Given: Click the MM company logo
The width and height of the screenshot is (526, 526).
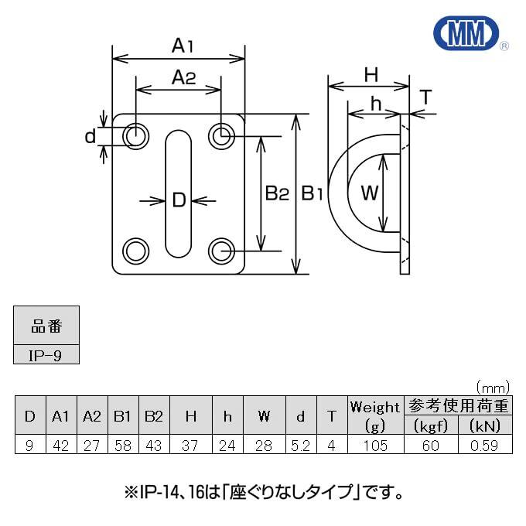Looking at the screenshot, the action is click(466, 33).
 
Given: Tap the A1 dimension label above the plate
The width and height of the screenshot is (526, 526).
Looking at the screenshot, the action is click(183, 46).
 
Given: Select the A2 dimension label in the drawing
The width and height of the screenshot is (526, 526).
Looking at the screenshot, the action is click(183, 77).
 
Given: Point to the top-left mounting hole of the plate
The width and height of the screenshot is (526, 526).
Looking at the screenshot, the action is click(136, 137).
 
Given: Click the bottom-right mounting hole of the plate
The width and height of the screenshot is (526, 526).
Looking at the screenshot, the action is click(221, 251).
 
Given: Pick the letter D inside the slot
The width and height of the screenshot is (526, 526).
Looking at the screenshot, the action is click(179, 200).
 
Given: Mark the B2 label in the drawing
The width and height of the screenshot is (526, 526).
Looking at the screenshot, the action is click(277, 193).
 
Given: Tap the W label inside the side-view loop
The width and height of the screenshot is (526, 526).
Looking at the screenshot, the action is click(369, 193).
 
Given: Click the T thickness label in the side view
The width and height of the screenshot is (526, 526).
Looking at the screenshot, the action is click(425, 97).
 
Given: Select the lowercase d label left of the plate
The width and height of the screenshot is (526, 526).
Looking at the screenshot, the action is click(91, 137).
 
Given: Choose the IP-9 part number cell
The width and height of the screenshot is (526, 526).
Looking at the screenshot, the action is click(46, 354).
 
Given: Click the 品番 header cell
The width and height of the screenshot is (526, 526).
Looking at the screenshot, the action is click(46, 326).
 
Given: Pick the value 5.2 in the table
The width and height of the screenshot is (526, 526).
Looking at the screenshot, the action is click(301, 446).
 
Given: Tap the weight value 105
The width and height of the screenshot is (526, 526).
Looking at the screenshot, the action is click(375, 446).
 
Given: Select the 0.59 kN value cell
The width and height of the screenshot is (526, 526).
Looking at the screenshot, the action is click(485, 445).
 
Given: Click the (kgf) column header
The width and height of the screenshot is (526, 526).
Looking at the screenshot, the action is click(431, 425).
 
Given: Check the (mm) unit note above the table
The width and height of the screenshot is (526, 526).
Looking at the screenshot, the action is click(493, 388).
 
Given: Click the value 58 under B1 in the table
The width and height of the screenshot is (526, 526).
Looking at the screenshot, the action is click(123, 446).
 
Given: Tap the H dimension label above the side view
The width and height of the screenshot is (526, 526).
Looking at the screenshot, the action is click(371, 74).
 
